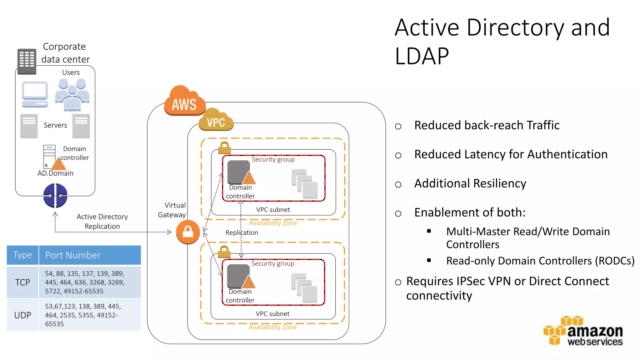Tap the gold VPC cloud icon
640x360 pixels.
coord(216,120)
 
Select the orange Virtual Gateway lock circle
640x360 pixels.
coord(188,232)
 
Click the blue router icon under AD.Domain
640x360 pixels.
coord(55,196)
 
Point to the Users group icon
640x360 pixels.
coord(72,94)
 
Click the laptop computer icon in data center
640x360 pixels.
coord(35,94)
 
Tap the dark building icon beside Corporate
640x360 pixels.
coord(27,62)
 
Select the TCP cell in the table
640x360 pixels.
coord(22,282)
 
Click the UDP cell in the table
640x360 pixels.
coord(22,315)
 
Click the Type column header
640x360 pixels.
coord(22,255)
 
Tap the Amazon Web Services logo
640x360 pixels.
coord(583,331)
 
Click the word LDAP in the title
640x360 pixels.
coord(422,56)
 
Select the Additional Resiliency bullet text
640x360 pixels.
coord(470,183)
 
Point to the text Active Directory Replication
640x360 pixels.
coord(102,221)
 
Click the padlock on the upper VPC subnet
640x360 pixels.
coord(224,147)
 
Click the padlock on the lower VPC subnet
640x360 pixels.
coord(224,252)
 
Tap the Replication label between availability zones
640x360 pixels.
coord(242,232)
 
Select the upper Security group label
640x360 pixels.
coord(273,159)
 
